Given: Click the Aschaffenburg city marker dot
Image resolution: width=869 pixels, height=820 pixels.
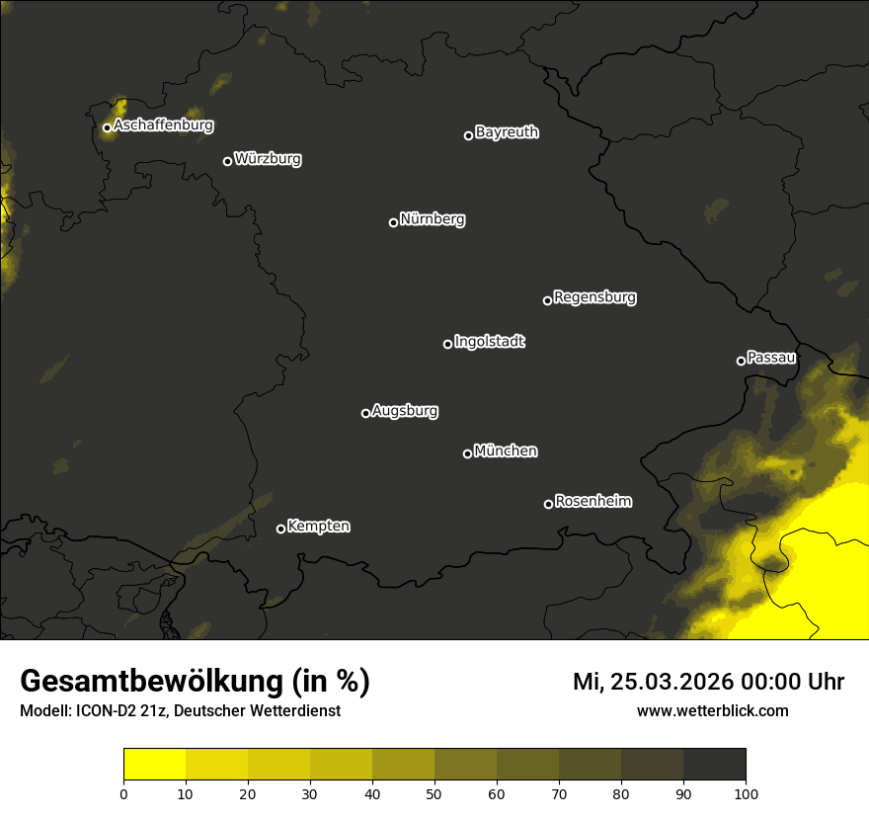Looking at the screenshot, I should [107, 127].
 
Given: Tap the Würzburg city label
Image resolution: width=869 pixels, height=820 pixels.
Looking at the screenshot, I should [268, 158].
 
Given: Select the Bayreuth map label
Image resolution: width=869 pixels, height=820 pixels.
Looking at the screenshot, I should [507, 131].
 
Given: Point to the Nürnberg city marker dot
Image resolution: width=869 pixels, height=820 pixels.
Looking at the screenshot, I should [393, 222].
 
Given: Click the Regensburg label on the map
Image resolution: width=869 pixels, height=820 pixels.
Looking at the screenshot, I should [594, 296].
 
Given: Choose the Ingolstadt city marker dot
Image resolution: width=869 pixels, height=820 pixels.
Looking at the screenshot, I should [447, 344].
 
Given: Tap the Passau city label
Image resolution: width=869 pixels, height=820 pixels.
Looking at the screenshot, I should [771, 357].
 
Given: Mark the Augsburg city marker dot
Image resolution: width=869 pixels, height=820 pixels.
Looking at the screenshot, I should [365, 413].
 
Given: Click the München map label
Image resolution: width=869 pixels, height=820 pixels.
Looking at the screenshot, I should [506, 451].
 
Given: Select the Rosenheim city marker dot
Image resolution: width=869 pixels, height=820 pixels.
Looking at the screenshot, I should [548, 504].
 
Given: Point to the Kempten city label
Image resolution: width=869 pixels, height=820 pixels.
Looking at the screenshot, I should [318, 526].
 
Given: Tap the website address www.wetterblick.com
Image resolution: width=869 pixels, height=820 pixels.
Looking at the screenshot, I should [713, 710].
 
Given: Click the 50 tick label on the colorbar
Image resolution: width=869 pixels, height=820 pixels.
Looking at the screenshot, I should [434, 793].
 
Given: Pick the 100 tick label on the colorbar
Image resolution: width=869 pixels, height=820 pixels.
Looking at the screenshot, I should [746, 793].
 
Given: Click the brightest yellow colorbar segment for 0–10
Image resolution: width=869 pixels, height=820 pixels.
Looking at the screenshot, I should [155, 764].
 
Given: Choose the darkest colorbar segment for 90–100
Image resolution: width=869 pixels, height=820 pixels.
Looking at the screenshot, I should [714, 764].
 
